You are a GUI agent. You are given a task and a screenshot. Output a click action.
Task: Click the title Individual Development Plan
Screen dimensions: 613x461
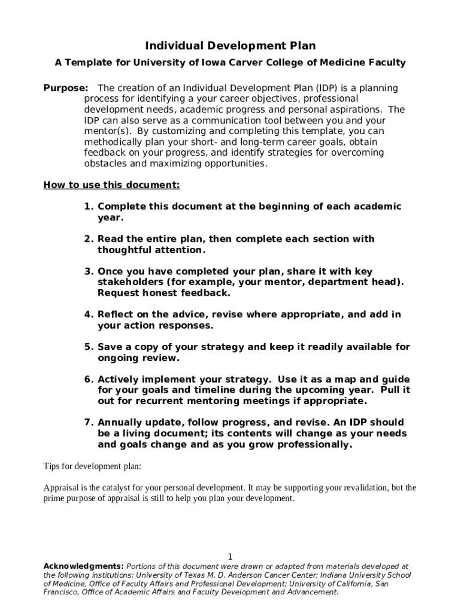230,46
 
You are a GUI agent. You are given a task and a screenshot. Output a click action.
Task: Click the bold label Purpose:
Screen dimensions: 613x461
66,88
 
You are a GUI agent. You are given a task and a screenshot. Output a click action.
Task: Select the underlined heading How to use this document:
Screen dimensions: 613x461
111,185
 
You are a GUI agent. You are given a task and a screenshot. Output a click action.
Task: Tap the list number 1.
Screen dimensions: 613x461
89,207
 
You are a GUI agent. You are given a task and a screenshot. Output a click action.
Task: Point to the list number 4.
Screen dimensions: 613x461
89,314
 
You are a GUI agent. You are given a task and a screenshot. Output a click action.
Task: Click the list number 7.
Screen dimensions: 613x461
89,422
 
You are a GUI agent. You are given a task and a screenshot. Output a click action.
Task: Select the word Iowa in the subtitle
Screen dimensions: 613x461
219,62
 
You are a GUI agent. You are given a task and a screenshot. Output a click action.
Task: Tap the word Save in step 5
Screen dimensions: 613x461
110,347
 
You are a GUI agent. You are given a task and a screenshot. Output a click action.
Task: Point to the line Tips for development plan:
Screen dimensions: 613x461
92,466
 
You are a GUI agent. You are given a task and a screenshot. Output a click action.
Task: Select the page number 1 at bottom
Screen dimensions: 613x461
230,556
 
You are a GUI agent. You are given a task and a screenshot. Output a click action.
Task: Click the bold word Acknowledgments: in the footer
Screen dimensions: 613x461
84,566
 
